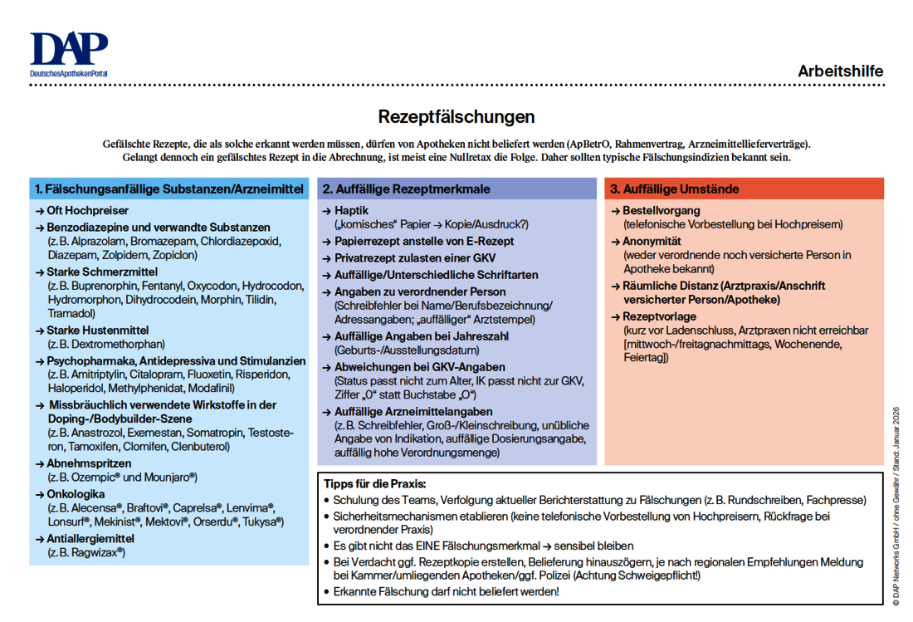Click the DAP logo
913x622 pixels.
pos(69,54)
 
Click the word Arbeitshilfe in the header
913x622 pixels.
pos(840,71)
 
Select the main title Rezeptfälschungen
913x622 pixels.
pos(456,116)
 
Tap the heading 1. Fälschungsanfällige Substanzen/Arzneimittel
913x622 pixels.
pos(169,189)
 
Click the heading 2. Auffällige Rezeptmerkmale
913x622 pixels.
pos(406,189)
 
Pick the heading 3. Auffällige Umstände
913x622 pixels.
pos(674,189)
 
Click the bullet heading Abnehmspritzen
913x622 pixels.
pos(89,463)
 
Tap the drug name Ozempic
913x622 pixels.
pos(94,478)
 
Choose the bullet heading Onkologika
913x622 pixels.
pos(76,494)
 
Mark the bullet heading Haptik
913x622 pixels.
pos(351,211)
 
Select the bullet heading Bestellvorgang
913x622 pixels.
pos(661,211)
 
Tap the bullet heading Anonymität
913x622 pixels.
pos(652,242)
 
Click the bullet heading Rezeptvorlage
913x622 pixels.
pos(659,316)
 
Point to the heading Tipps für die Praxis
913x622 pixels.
pos(374,484)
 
